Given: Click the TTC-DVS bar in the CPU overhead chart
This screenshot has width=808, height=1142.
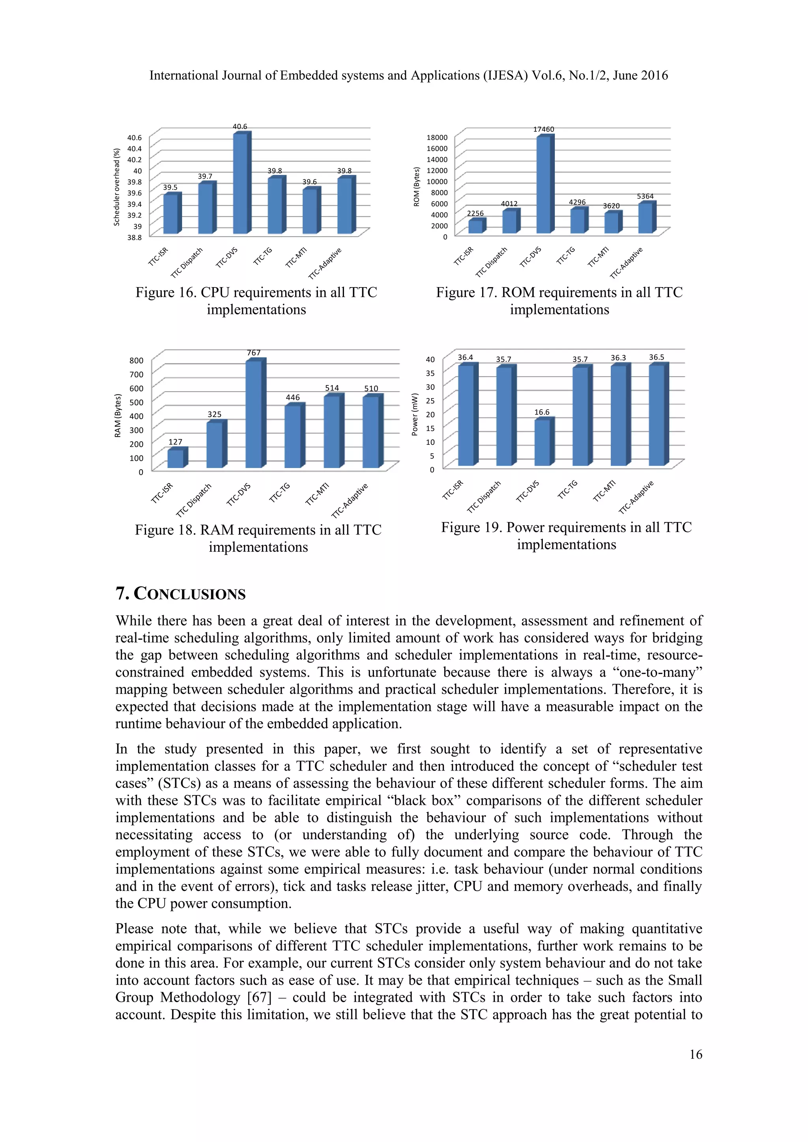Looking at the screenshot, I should click(x=240, y=184).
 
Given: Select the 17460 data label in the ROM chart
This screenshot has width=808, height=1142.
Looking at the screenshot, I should click(x=543, y=129).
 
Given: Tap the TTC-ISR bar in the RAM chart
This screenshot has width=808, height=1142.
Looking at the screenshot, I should click(x=176, y=459).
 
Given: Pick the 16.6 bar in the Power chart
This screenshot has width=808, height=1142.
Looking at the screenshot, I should click(x=542, y=443).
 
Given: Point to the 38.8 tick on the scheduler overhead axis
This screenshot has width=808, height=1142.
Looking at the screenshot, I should click(x=134, y=238).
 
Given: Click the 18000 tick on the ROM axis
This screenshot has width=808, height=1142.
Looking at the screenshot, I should click(x=437, y=138).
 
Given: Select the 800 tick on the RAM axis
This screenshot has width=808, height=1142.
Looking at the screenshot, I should click(x=137, y=360).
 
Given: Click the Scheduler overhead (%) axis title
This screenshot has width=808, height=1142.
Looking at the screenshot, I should click(x=117, y=187).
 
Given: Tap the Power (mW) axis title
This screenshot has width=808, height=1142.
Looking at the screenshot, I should click(x=414, y=414).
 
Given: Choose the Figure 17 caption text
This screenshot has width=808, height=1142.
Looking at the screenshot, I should click(x=559, y=300).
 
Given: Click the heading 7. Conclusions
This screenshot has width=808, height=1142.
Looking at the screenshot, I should click(x=181, y=594).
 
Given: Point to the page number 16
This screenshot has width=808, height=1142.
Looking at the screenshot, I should click(x=696, y=1054).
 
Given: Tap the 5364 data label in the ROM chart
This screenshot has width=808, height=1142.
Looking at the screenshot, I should click(x=645, y=196).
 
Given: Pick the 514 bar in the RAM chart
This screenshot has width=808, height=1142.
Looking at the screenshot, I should click(x=332, y=432).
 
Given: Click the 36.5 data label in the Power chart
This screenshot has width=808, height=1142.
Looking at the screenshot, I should click(x=656, y=357).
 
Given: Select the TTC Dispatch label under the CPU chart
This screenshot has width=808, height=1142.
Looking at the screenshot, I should click(x=187, y=262).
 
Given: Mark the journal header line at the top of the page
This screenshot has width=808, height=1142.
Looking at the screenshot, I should click(x=408, y=76).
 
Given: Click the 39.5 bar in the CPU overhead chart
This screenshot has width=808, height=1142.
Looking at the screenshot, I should click(x=170, y=214).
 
